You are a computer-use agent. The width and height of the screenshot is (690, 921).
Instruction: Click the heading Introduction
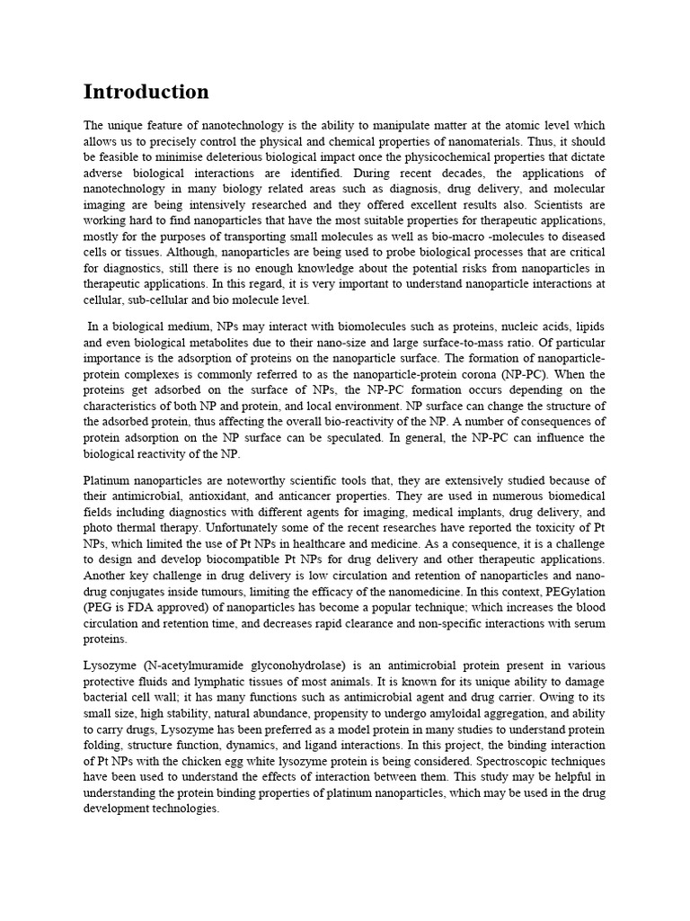pos(146,92)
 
